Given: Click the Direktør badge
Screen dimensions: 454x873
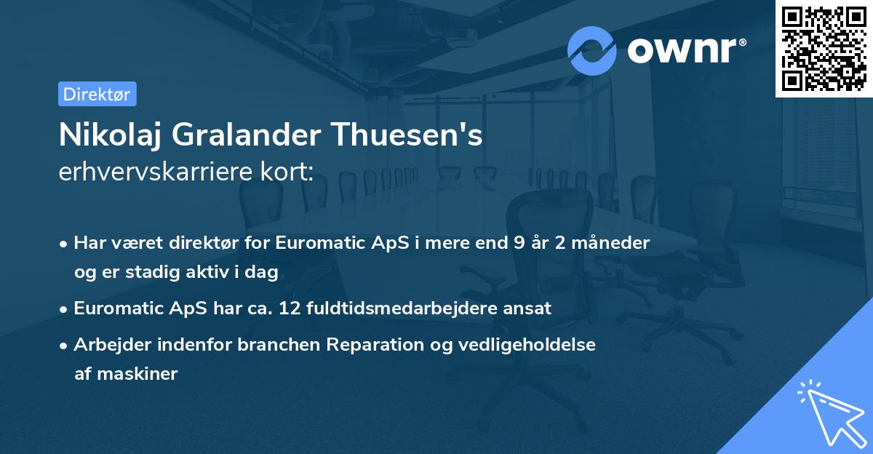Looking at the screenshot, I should coord(97,94).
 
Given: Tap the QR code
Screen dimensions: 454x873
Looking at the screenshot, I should coord(824,49).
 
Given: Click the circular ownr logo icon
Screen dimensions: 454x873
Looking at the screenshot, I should coord(592,50).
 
